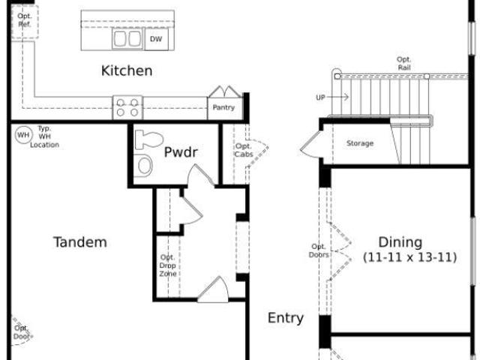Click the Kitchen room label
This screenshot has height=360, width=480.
[127, 70]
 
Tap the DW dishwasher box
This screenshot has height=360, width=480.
[156, 39]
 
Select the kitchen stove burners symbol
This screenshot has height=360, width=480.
[127, 107]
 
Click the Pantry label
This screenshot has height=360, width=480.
[223, 107]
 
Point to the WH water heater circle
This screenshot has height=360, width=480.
[23, 135]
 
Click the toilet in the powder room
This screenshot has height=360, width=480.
[149, 139]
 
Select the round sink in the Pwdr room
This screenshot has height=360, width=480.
[145, 165]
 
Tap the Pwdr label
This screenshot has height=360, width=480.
[181, 152]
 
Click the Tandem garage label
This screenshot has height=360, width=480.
[80, 242]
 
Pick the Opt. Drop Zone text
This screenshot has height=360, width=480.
[168, 265]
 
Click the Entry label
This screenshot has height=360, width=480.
[286, 318]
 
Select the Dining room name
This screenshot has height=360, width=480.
[400, 242]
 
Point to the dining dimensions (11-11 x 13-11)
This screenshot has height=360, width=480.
[410, 257]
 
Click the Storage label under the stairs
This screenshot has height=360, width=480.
[360, 143]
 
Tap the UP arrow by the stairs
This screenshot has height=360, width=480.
[332, 97]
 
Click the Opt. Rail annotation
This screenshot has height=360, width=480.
[404, 64]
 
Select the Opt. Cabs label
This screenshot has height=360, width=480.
[244, 150]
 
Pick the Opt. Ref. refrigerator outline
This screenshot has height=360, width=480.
[25, 22]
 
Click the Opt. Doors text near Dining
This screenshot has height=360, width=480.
[319, 250]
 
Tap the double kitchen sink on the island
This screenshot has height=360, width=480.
[127, 38]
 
